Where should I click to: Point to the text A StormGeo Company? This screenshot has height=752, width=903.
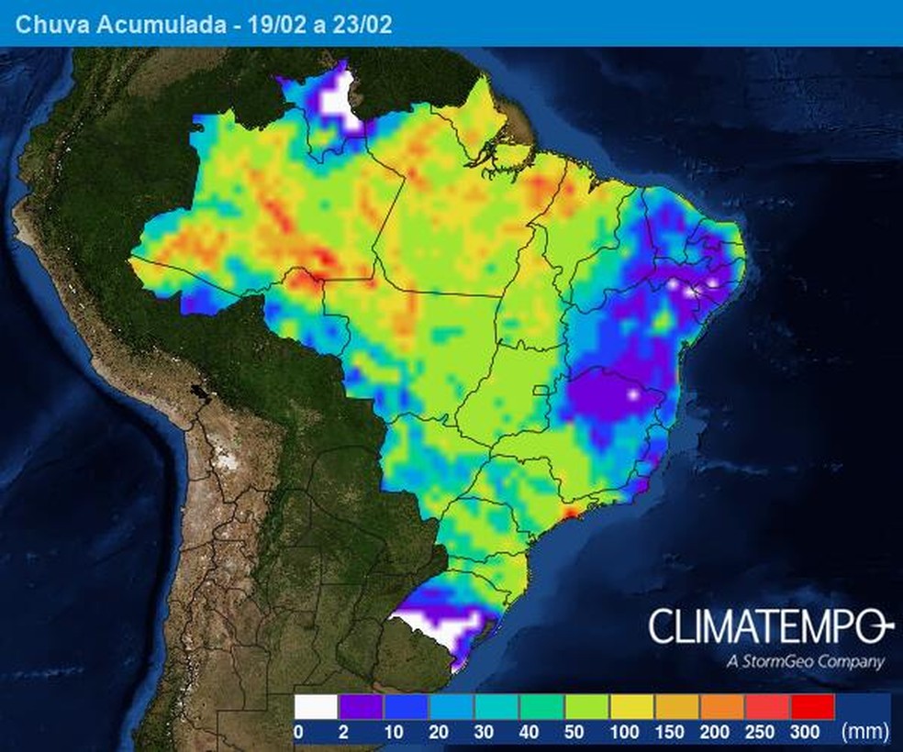804,661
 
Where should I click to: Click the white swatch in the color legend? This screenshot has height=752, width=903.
315,707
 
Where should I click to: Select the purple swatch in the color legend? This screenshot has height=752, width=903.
360,707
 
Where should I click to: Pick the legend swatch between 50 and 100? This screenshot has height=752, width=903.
585,707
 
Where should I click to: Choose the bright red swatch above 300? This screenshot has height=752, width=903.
811,707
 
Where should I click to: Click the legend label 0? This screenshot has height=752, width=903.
298,732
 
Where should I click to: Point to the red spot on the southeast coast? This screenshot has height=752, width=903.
570,512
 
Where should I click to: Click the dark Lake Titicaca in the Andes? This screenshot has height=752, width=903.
196,393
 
